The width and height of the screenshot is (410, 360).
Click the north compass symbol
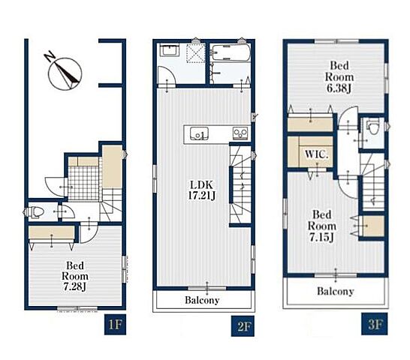tap(65, 74)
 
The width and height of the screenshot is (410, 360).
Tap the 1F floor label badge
tap(115, 325)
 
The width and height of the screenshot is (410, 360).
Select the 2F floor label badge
tap(243, 326)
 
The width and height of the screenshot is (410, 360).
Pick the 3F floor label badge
tap(375, 324)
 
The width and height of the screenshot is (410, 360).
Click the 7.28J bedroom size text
tap(75, 286)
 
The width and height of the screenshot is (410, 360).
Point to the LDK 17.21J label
tap(201, 190)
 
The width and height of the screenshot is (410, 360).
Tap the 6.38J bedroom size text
tap(339, 88)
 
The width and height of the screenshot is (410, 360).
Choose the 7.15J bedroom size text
tap(321, 238)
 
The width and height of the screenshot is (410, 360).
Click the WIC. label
tap(316, 154)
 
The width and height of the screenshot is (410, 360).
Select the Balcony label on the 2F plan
tap(202, 300)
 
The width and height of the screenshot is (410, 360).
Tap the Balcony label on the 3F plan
tap(336, 291)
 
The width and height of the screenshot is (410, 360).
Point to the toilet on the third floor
tap(372, 127)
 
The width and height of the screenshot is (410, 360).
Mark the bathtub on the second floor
tap(230, 53)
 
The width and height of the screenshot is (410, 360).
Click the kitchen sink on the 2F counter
tap(199, 133)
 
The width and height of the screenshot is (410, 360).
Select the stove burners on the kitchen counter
tap(240, 133)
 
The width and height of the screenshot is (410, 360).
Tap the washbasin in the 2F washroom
tap(170, 50)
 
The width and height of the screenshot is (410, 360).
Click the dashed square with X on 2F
tap(196, 53)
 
